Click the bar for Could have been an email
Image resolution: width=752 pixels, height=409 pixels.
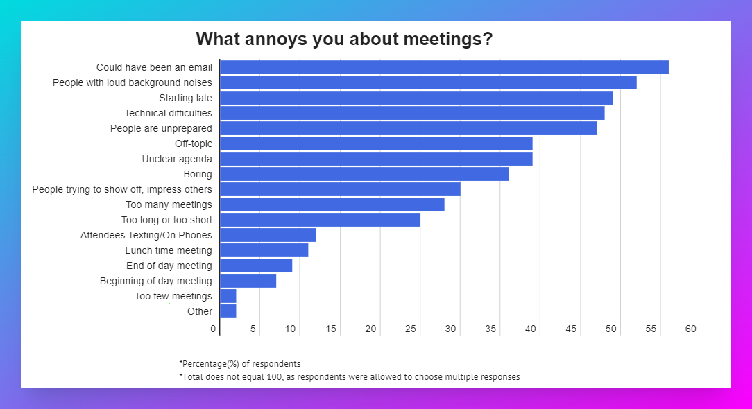pos(444,67)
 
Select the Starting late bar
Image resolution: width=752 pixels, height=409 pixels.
pos(416,98)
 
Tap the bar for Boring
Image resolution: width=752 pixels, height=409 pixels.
pos(364,174)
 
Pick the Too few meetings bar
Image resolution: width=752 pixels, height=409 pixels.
pos(228,296)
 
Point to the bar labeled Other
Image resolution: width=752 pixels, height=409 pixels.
pos(228,311)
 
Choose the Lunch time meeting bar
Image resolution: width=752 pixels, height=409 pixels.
pos(264,250)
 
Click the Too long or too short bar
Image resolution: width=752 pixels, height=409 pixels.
pos(320,220)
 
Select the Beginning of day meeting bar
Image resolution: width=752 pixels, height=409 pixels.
pos(248,281)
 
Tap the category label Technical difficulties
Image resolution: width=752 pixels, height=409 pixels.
pos(168,113)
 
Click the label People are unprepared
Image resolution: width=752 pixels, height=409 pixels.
pos(161,128)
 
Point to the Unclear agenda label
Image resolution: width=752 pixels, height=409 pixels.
pos(177,159)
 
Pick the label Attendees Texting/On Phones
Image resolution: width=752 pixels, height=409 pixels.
pos(146,235)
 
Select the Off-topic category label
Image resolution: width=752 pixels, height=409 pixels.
pos(194,144)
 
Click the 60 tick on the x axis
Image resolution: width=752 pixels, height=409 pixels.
pos(691,329)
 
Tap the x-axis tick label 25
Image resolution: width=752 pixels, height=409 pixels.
pos(411,329)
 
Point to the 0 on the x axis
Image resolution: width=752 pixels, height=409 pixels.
pos(214,329)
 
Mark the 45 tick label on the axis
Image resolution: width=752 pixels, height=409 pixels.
pos(571,329)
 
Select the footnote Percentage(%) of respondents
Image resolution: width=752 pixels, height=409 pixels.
pos(240,363)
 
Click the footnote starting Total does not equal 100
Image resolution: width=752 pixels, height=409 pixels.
pos(349,377)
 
